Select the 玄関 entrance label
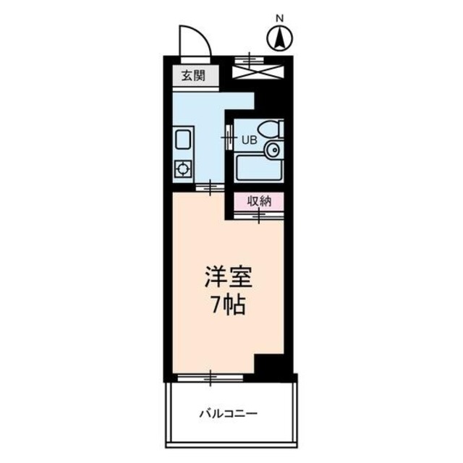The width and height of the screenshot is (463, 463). coord(193,75)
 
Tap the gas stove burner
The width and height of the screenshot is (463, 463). coord(182,169)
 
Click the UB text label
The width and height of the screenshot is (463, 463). coord(249,140)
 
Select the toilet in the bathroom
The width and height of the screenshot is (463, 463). coord(272,131)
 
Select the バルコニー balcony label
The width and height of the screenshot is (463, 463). coord(229,415)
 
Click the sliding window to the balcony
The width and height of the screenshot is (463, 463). coord(211,377)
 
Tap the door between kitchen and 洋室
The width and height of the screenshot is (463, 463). coord(210,188)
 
